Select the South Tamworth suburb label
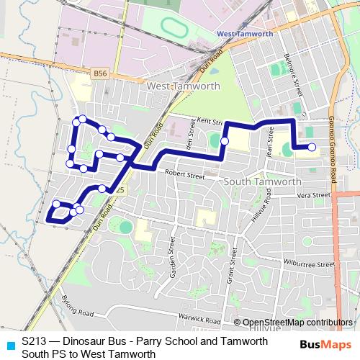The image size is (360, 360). pyautogui.click(x=262, y=181)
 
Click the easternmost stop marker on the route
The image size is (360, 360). pyautogui.click(x=312, y=148)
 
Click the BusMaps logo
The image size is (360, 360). pyautogui.click(x=324, y=345)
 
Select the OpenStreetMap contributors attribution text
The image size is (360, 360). pyautogui.click(x=297, y=323)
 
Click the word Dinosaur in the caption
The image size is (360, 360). pyautogui.click(x=85, y=341)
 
